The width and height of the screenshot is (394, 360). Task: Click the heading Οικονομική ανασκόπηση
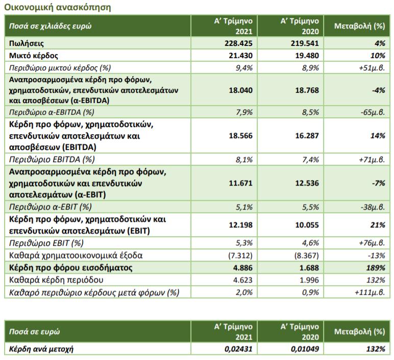tap(58, 7)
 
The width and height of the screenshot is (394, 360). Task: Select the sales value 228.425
tap(238, 43)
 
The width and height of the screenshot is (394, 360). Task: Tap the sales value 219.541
tap(305, 43)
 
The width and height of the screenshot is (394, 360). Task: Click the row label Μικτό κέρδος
tap(33, 56)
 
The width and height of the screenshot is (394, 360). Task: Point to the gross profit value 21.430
tap(240, 56)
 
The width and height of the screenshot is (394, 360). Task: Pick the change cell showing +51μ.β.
tap(372, 68)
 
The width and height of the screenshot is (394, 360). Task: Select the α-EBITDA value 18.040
tap(240, 90)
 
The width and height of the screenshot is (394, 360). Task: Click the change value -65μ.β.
tap(373, 112)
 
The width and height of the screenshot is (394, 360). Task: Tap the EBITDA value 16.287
tap(307, 136)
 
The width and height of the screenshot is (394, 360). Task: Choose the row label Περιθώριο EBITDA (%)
tap(52, 160)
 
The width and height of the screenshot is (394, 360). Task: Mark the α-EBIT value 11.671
tap(240, 183)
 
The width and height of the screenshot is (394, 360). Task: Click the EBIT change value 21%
tap(378, 225)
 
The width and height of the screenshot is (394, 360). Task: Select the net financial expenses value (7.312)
tap(240, 255)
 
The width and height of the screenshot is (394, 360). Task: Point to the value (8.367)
tap(307, 255)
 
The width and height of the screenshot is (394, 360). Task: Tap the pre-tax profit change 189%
tap(376, 268)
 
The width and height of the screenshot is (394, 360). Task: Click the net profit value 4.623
tap(242, 280)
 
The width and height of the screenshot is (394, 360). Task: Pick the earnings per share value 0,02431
tap(238, 349)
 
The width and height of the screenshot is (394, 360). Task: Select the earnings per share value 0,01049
tap(305, 349)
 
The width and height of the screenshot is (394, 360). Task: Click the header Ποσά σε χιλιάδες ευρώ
tap(50, 26)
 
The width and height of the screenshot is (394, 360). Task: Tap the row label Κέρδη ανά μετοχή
tap(41, 349)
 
